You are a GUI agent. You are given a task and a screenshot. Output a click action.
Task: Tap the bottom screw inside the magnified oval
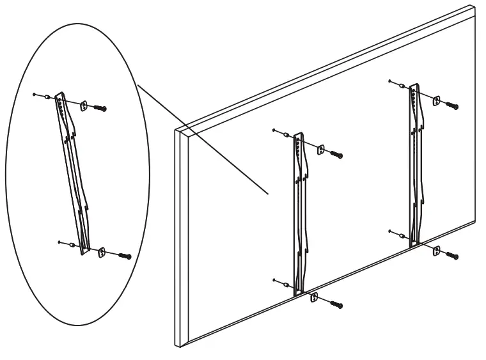125,256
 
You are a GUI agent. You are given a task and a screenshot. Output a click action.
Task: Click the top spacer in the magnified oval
47,97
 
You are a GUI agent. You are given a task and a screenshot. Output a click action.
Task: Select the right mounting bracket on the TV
415,163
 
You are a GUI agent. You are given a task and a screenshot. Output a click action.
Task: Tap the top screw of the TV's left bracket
336,155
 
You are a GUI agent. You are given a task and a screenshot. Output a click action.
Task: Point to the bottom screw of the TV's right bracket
452,256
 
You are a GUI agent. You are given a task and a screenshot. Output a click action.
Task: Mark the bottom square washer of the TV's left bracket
314,297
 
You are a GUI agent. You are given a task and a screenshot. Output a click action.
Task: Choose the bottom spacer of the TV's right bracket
402,236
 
